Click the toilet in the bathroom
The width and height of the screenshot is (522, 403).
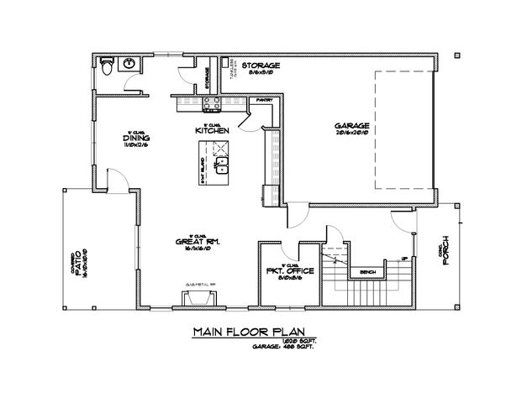106,65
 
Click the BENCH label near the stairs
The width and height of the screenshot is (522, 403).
366,272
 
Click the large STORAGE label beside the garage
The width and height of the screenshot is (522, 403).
261,65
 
